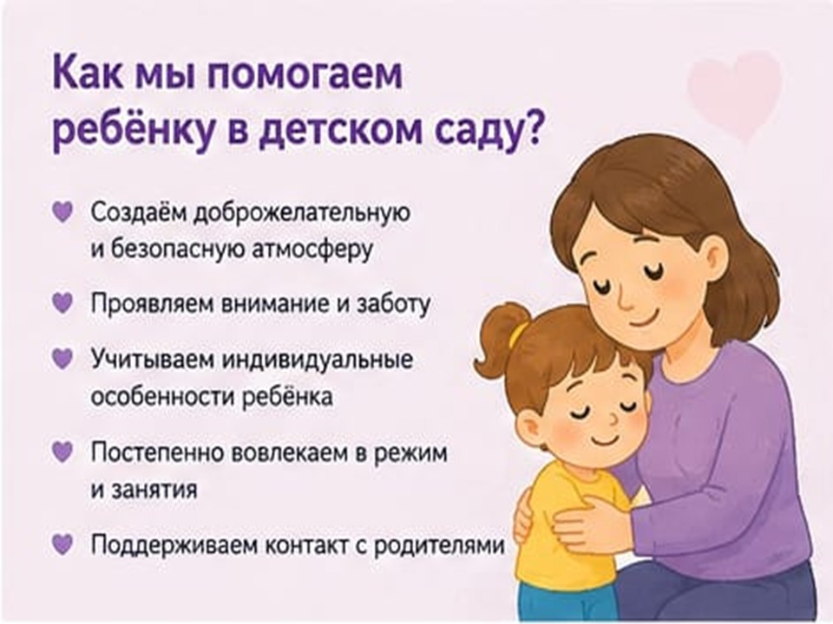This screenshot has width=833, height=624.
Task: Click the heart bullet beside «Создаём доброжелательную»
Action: point(62,211)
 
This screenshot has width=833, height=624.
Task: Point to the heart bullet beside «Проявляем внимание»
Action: point(62,303)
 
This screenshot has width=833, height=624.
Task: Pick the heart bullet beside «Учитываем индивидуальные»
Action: point(62,358)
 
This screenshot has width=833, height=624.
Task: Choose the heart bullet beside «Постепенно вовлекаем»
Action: point(62,452)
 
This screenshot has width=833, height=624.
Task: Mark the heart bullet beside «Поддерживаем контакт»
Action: point(62,543)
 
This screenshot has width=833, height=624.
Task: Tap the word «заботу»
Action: point(393,304)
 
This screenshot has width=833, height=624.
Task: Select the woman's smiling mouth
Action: point(643,321)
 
